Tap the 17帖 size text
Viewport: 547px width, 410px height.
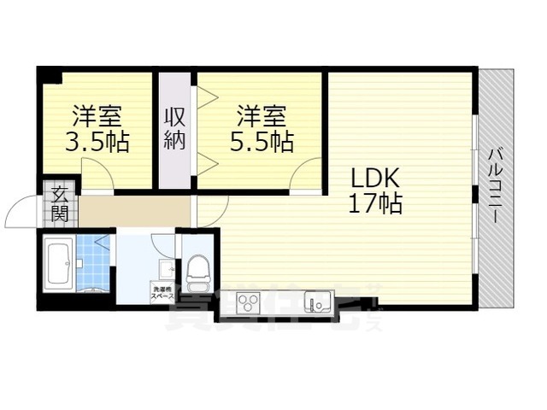tap(375, 204)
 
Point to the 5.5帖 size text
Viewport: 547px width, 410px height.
tap(261, 141)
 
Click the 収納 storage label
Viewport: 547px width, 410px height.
tap(175, 127)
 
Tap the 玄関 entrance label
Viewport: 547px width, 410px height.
tap(59, 202)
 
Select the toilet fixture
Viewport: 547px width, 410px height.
tap(198, 271)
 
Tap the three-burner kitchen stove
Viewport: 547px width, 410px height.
tap(249, 302)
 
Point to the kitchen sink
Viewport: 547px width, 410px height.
tap(319, 302)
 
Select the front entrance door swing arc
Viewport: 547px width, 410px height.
tap(21, 214)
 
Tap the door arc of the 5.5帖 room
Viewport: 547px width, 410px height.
tap(304, 178)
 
